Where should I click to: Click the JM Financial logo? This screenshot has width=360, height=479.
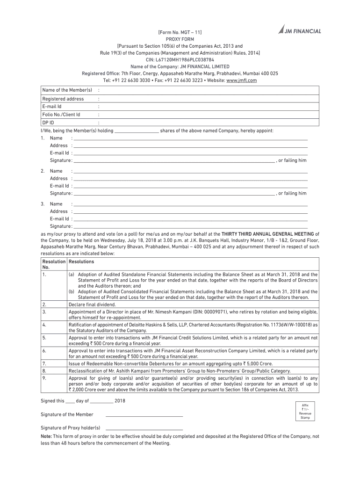pyautogui.click(x=299, y=31)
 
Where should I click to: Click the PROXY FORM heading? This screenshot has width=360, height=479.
pyautogui.click(x=180, y=40)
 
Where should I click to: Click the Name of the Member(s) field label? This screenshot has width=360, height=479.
pyautogui.click(x=67, y=90)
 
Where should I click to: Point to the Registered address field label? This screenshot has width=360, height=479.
pyautogui.click(x=63, y=99)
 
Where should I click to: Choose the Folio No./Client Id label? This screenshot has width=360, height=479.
pyautogui.click(x=61, y=114)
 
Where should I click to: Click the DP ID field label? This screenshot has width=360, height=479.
pyautogui.click(x=48, y=122)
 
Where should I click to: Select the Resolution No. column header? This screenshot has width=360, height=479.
pyautogui.click(x=53, y=264)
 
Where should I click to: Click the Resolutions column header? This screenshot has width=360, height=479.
pyautogui.click(x=81, y=261)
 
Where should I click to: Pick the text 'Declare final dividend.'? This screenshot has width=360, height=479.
pyautogui.click(x=92, y=304)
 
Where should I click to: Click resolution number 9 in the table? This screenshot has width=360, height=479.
pyautogui.click(x=43, y=377)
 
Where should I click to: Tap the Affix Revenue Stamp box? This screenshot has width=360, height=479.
pyautogui.click(x=305, y=411)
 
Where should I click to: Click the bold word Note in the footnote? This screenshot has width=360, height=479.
pyautogui.click(x=47, y=436)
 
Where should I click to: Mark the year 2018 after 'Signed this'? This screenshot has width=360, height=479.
pyautogui.click(x=120, y=401)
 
